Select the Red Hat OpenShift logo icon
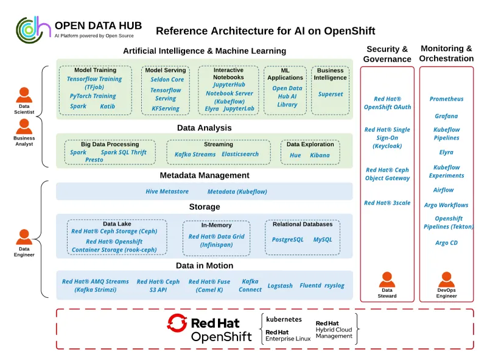click(x=177, y=323)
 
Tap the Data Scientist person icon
click(x=24, y=94)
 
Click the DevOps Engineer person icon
click(x=446, y=280)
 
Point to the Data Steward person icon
click(x=387, y=280)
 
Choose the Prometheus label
click(x=446, y=99)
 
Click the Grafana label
click(x=446, y=116)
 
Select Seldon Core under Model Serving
click(x=167, y=80)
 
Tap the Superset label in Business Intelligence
click(x=331, y=94)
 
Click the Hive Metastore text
click(x=167, y=191)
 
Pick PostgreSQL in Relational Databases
click(x=287, y=239)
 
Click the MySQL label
click(x=323, y=239)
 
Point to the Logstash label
click(x=280, y=286)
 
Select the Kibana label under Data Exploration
click(x=320, y=155)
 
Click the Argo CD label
click(x=446, y=243)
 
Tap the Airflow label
click(x=446, y=190)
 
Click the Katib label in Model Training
click(x=108, y=106)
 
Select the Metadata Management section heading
click(x=205, y=175)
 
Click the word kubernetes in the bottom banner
click(x=284, y=319)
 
